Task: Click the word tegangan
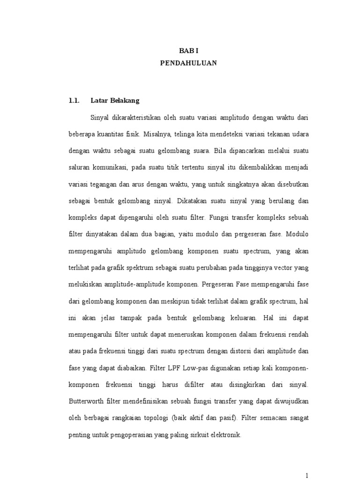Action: click(x=109, y=185)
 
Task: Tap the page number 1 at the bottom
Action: click(x=307, y=475)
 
